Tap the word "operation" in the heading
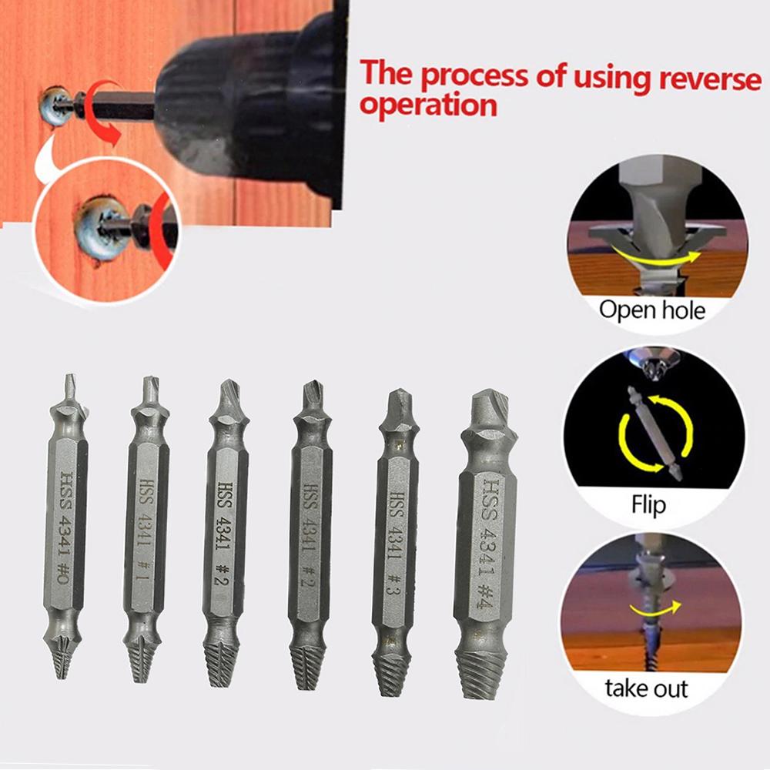[428, 105]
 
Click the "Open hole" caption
[651, 310]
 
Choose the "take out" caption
[646, 688]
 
